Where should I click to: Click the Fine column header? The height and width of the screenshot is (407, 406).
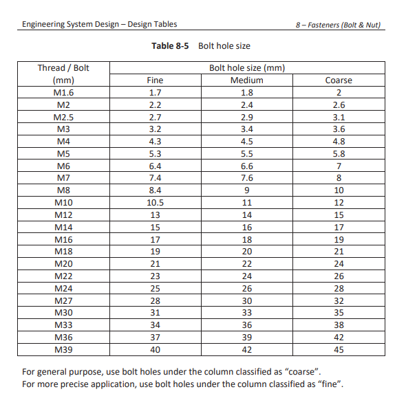pyautogui.click(x=155, y=80)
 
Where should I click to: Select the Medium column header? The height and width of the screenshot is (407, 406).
pyautogui.click(x=246, y=80)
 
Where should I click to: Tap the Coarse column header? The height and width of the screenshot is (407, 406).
pyautogui.click(x=338, y=80)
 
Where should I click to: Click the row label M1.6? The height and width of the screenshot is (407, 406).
pyautogui.click(x=63, y=93)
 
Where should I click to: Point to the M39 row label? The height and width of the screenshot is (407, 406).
pyautogui.click(x=63, y=349)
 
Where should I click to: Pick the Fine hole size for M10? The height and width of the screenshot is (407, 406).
pyautogui.click(x=155, y=203)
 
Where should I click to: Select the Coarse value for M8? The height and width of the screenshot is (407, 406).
pyautogui.click(x=338, y=190)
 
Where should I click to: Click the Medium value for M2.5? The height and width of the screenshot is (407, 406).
pyautogui.click(x=246, y=117)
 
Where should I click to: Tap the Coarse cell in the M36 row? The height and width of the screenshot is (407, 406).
pyautogui.click(x=338, y=337)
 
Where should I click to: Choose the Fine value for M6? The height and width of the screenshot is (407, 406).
pyautogui.click(x=155, y=166)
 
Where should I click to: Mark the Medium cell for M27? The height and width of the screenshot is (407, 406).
pyautogui.click(x=246, y=300)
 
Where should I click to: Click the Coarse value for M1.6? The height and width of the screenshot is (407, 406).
pyautogui.click(x=338, y=93)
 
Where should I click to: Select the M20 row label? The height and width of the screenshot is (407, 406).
pyautogui.click(x=63, y=264)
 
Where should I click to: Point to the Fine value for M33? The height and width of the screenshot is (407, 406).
pyautogui.click(x=155, y=324)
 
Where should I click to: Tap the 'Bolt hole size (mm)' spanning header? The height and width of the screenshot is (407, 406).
pyautogui.click(x=246, y=68)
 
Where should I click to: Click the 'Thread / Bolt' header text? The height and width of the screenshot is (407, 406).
pyautogui.click(x=63, y=68)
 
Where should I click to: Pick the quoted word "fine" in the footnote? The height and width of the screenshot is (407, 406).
pyautogui.click(x=329, y=384)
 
